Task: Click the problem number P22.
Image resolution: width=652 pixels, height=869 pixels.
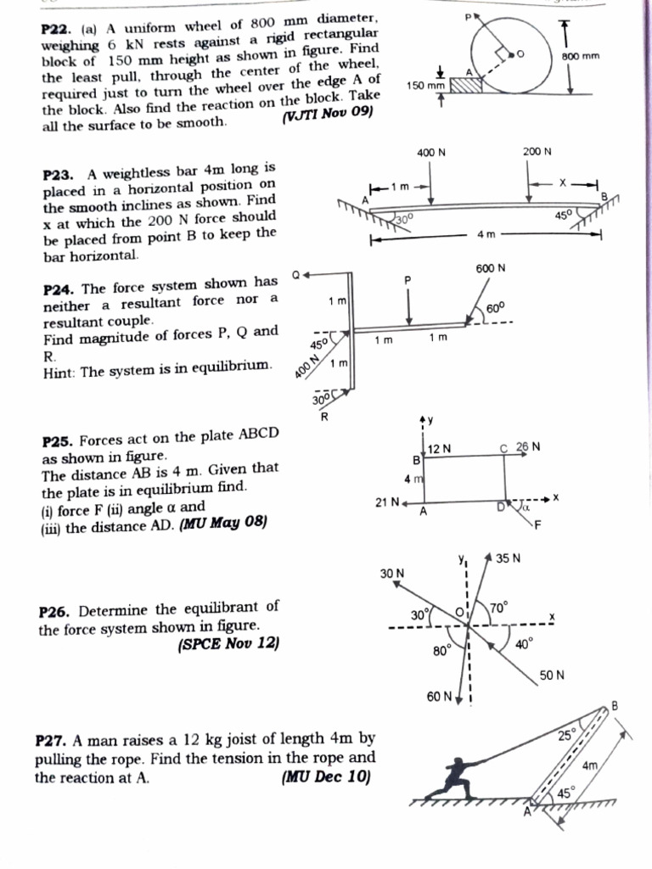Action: [57, 31]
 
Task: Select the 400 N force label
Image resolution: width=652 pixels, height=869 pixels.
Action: [431, 153]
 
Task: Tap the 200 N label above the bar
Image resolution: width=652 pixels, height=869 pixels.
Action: [537, 152]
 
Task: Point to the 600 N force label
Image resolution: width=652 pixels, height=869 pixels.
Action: [491, 268]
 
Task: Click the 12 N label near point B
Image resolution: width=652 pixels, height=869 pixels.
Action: [440, 448]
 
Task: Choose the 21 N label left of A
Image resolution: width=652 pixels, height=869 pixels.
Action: [387, 502]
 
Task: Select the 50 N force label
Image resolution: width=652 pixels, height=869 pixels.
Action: [552, 676]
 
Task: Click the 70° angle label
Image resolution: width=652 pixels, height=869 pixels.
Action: [497, 608]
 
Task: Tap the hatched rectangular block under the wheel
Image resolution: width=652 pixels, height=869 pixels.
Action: [465, 83]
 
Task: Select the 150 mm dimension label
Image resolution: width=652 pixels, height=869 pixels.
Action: [426, 86]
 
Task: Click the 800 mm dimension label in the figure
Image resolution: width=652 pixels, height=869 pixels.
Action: [581, 56]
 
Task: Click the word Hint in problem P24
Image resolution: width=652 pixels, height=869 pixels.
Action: [59, 371]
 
